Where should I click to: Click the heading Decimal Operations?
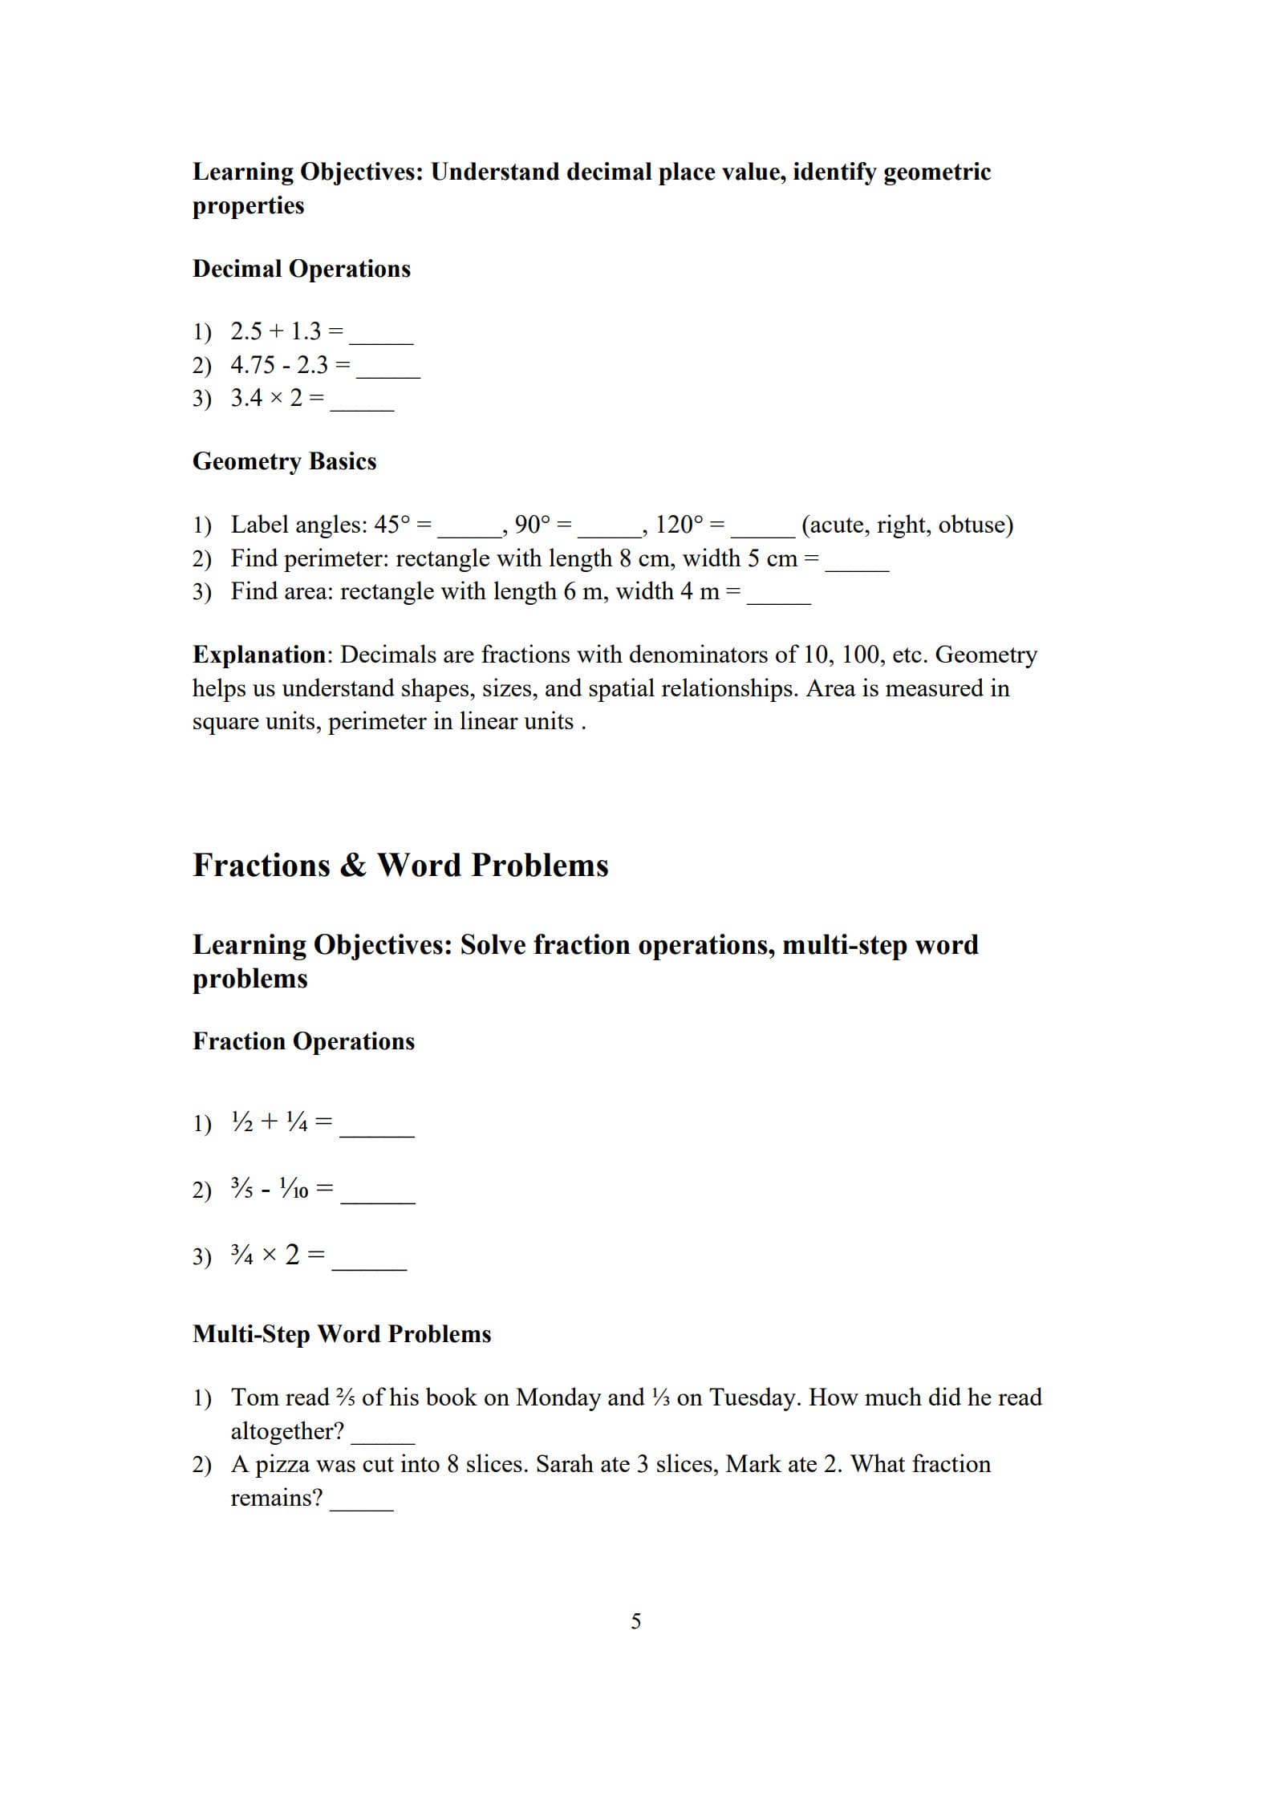click(x=301, y=269)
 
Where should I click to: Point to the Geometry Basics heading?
click(x=284, y=461)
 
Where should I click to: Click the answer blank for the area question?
click(x=778, y=599)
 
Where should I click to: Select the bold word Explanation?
click(x=258, y=655)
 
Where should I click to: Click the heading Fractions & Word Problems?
click(x=400, y=865)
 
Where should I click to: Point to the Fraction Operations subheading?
click(x=303, y=1041)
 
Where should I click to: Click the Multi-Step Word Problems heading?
click(x=342, y=1334)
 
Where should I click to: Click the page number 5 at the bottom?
click(x=636, y=1621)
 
